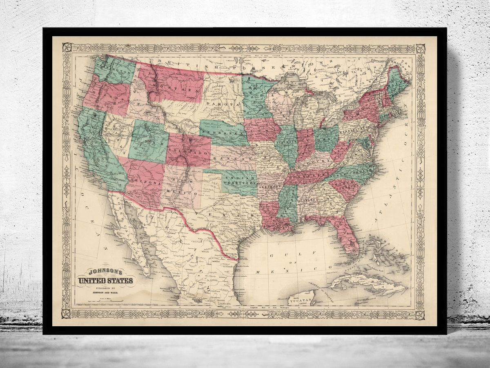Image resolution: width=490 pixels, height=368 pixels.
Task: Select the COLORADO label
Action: point(188,153)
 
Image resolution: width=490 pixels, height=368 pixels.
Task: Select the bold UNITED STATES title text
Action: point(105,280)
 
